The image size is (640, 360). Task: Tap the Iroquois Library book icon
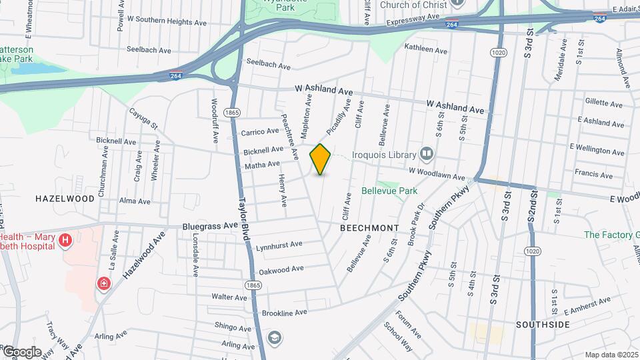click(x=427, y=155)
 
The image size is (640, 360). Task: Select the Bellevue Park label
click(x=389, y=191)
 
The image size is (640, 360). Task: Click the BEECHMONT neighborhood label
click(x=369, y=228)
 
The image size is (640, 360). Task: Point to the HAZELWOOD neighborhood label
click(x=65, y=199)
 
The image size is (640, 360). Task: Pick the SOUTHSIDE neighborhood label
click(x=543, y=325)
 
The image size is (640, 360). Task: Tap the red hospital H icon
click(x=65, y=241)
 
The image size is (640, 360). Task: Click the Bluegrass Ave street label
click(x=210, y=227)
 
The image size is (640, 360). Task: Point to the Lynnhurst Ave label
click(x=279, y=245)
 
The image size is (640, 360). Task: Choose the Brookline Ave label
click(x=284, y=312)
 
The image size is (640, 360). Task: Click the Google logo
click(x=21, y=352)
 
